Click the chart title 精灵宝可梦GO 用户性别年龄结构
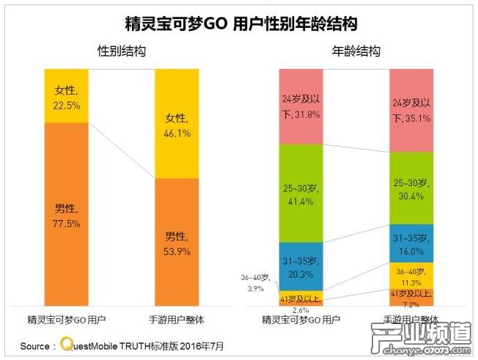[x=240, y=25]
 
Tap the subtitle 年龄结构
[x=356, y=51]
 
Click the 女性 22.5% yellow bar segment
[x=66, y=95]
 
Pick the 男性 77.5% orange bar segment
[x=66, y=213]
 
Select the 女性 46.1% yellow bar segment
[x=177, y=125]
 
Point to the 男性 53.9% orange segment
[x=177, y=242]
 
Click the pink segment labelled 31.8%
[x=301, y=106]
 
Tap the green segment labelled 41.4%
[x=301, y=193]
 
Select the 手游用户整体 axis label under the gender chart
[x=177, y=320]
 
